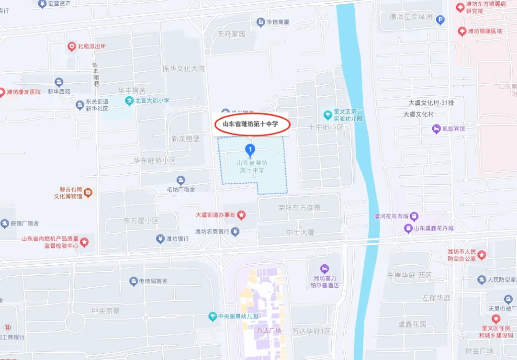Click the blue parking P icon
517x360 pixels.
[x=440, y=20]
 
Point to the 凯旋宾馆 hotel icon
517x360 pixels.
[x=436, y=128]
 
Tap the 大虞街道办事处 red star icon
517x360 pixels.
[x=242, y=215]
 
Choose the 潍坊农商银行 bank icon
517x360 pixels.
[x=235, y=232]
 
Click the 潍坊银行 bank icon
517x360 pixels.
[x=160, y=239]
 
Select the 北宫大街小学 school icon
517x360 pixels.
[x=129, y=101]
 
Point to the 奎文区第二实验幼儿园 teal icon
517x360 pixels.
[x=328, y=115]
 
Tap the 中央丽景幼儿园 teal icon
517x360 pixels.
[x=212, y=316]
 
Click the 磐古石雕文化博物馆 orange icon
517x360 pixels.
[x=88, y=192]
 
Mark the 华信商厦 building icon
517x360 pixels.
[x=260, y=22]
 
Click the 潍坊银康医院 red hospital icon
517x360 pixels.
[x=461, y=31]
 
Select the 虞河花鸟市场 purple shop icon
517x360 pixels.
[x=414, y=216]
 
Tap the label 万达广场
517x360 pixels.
[x=269, y=331]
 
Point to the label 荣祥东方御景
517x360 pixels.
[x=299, y=208]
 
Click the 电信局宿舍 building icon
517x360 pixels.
[x=134, y=281]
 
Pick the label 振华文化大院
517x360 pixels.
[x=184, y=69]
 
